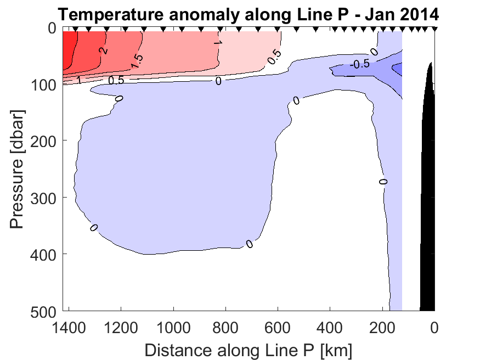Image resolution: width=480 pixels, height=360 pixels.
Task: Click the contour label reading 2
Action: pos(103,51)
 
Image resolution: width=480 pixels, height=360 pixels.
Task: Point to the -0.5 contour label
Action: pos(360,64)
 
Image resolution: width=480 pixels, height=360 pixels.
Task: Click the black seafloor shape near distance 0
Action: pos(428,220)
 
